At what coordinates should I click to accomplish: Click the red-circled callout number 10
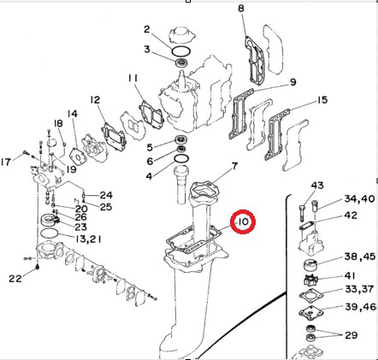click(x=244, y=224)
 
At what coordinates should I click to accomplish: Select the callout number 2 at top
click(x=147, y=30)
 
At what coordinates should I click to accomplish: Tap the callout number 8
click(x=241, y=9)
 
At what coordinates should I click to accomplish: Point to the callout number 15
click(x=322, y=101)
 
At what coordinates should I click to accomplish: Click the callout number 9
click(x=292, y=82)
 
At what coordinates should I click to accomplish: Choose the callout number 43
click(x=317, y=186)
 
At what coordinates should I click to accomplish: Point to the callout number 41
click(x=351, y=275)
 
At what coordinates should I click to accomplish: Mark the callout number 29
click(x=351, y=334)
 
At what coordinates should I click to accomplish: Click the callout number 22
click(x=15, y=278)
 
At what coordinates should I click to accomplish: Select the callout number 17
click(x=7, y=162)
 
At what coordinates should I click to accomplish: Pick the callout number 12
click(x=95, y=100)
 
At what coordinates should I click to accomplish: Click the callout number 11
click(x=134, y=80)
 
